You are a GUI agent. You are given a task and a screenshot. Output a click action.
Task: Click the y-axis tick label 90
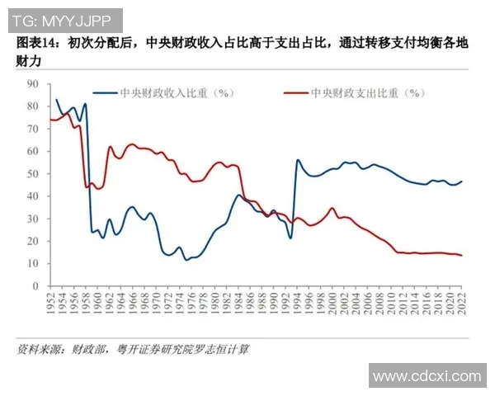pos(34,84)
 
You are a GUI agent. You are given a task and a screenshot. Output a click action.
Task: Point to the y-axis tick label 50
pos(34,174)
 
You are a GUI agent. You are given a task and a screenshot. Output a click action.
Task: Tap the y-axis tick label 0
pos(37,286)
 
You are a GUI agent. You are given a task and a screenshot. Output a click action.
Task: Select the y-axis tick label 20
pos(34,241)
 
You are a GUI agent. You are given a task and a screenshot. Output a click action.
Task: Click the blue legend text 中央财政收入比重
pos(170,93)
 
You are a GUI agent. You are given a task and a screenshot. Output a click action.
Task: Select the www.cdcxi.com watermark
pos(426,376)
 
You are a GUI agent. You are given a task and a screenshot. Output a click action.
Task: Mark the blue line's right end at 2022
pos(461,181)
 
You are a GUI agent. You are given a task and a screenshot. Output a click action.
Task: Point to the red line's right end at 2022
pos(461,255)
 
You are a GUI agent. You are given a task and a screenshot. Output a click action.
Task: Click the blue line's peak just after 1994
pos(298,160)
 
